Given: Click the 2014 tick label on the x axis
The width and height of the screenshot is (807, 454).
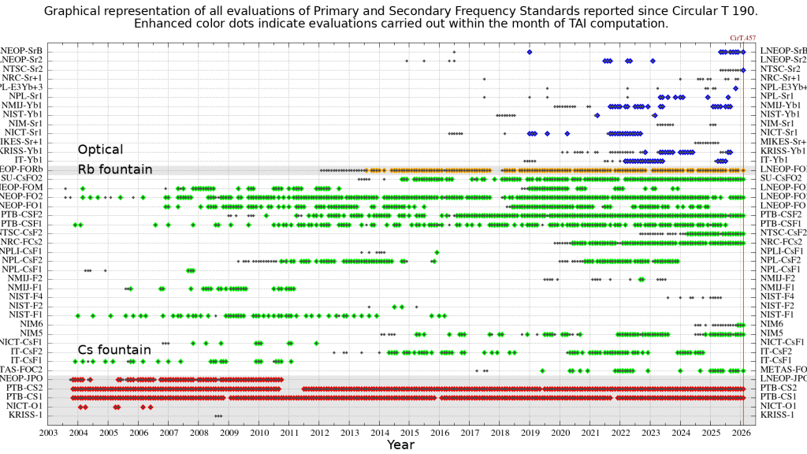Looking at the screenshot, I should [x=379, y=432].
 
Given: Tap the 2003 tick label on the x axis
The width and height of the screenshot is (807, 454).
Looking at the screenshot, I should [x=48, y=432].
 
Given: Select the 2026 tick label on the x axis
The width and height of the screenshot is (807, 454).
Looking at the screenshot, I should [x=741, y=432].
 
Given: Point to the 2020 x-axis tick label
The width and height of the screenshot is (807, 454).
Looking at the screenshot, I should [x=560, y=432].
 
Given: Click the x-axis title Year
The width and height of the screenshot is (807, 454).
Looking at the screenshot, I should [x=400, y=445].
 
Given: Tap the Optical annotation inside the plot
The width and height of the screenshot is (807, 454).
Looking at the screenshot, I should [x=100, y=150].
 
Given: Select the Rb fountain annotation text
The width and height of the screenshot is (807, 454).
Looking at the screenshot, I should [x=113, y=169].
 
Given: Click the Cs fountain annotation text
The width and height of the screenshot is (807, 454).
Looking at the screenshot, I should [x=113, y=350].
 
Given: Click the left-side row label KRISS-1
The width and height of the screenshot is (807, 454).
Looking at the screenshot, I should [x=26, y=415].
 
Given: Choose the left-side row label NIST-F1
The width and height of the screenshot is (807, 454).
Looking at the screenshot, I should [x=26, y=315].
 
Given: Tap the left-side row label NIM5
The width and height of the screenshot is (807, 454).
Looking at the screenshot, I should [x=32, y=333].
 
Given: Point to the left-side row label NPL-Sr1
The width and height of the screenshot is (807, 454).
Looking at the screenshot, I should [x=26, y=96].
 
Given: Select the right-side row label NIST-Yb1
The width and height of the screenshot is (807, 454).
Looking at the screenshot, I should [x=782, y=114].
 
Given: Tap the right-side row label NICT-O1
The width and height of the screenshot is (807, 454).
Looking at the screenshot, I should [x=782, y=406].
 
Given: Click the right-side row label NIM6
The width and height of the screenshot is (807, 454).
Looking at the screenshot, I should [x=772, y=324].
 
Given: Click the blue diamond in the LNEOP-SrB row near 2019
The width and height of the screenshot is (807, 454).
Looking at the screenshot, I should [x=530, y=52].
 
